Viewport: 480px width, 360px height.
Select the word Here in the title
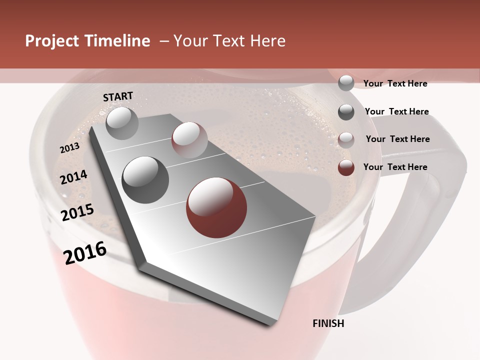267,41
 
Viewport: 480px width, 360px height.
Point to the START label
118,96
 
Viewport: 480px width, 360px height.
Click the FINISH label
328,323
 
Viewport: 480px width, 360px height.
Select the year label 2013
69,148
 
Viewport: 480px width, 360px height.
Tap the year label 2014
73,177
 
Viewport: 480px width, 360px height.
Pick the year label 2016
85,252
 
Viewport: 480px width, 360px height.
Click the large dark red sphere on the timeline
216,207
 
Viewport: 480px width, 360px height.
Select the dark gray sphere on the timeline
145,179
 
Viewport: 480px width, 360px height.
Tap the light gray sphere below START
122,123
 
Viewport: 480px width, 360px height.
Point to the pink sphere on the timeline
189,140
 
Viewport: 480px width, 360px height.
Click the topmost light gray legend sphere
346,83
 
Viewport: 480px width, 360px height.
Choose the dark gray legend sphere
346,112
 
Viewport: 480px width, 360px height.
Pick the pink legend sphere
346,140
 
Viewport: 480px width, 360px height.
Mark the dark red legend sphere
346,168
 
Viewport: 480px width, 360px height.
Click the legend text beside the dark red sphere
395,167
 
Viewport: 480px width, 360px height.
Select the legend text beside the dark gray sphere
396,111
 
